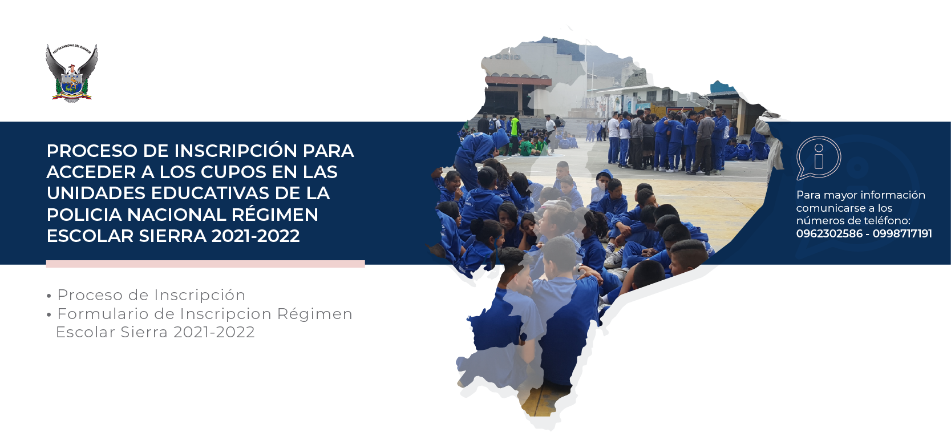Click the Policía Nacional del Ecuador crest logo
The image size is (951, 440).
(72, 73)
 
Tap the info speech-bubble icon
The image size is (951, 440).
(819, 158)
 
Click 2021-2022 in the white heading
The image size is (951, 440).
(256, 236)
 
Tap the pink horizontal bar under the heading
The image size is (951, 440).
(205, 264)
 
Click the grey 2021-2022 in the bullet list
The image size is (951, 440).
(214, 332)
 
